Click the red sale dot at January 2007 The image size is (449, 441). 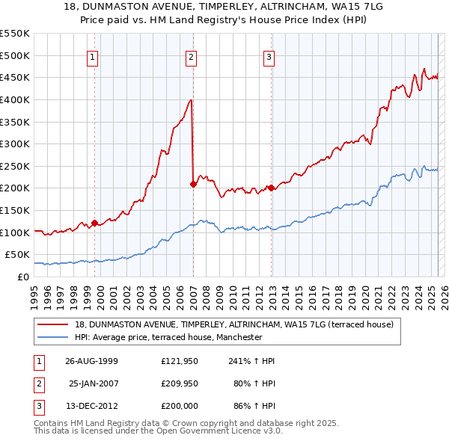[x=193, y=183]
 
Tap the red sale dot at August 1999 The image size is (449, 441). [x=95, y=222]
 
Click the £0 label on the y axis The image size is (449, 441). [x=22, y=277]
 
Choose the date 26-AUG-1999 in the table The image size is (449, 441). [x=91, y=361]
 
